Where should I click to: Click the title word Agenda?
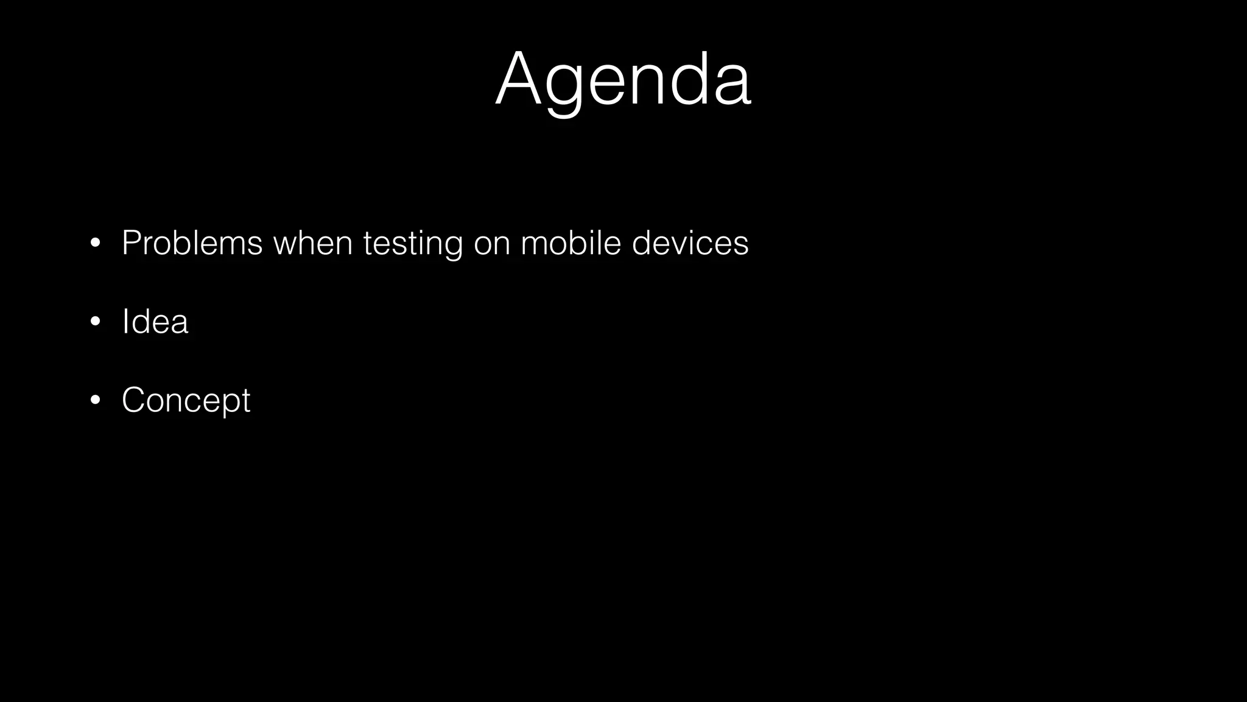tap(623, 80)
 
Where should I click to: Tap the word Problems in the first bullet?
tap(192, 243)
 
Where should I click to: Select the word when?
tap(313, 243)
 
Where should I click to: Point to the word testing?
tap(413, 244)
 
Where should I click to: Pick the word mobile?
tap(571, 243)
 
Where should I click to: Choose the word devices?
tap(690, 243)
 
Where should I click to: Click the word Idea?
tap(155, 321)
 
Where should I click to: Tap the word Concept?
tap(186, 400)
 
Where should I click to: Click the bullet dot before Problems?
tap(94, 244)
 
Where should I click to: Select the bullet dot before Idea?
tap(94, 322)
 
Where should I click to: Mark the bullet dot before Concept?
tap(94, 400)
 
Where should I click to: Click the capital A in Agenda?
tap(518, 80)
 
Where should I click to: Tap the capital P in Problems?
tap(131, 243)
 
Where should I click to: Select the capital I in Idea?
tap(125, 321)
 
